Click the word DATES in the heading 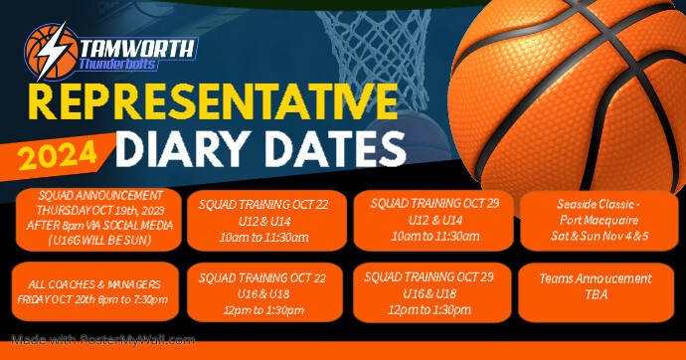point(322,148)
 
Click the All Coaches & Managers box point(96,291)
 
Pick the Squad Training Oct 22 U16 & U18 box point(264,290)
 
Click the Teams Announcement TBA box point(598,287)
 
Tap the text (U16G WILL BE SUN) point(96,239)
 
